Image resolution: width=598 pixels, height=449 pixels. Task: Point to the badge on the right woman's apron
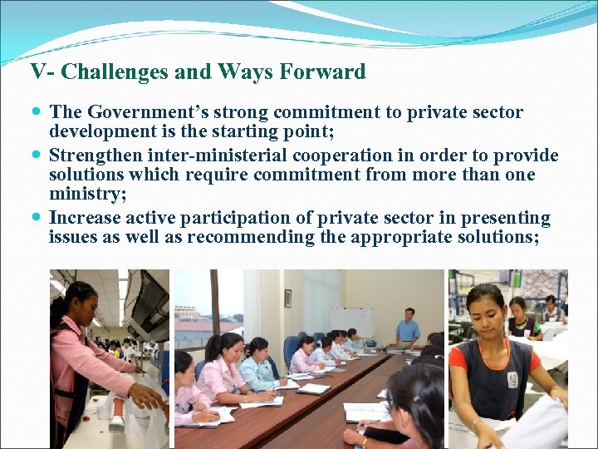[513, 381]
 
